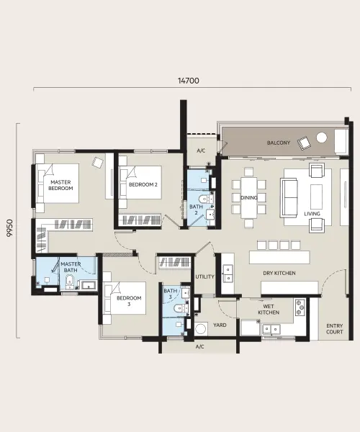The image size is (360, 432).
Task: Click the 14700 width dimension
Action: click(189, 81)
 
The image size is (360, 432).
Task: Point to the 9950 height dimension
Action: click(10, 228)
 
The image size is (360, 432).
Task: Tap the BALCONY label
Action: click(279, 143)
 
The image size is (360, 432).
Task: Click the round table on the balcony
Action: click(321, 138)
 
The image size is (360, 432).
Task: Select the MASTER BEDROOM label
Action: click(60, 185)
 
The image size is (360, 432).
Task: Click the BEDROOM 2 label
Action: click(143, 184)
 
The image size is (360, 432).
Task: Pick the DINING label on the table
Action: click(249, 197)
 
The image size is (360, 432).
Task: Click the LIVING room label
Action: click(312, 214)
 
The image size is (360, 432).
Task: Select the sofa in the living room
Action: click(289, 198)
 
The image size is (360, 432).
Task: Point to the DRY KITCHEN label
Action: click(279, 273)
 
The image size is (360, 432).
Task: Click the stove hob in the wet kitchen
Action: click(300, 307)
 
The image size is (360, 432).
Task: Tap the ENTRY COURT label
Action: click(335, 329)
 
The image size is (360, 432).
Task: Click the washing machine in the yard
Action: click(201, 329)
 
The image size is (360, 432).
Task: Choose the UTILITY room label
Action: click(204, 276)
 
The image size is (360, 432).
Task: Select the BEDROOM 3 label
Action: click(129, 301)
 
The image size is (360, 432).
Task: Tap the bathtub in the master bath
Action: click(88, 285)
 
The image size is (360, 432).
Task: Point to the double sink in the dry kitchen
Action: click(228, 274)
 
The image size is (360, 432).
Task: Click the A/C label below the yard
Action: click(200, 346)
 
